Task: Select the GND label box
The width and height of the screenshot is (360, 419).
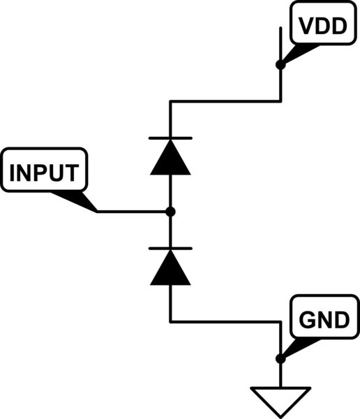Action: [322, 321]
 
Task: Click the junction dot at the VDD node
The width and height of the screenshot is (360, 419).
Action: [280, 65]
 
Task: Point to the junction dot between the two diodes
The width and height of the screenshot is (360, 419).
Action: [170, 211]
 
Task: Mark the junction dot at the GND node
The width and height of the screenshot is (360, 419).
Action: [280, 359]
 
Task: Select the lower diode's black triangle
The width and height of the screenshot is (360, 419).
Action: [170, 270]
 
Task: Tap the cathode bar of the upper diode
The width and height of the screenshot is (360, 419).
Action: [170, 138]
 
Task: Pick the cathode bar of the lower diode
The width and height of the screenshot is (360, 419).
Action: [170, 248]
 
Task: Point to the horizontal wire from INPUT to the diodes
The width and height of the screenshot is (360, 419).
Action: [133, 211]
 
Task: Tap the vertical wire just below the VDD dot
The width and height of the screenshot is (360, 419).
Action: [280, 84]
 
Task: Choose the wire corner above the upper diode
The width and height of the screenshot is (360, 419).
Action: [170, 101]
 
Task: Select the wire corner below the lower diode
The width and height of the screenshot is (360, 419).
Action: [170, 322]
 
